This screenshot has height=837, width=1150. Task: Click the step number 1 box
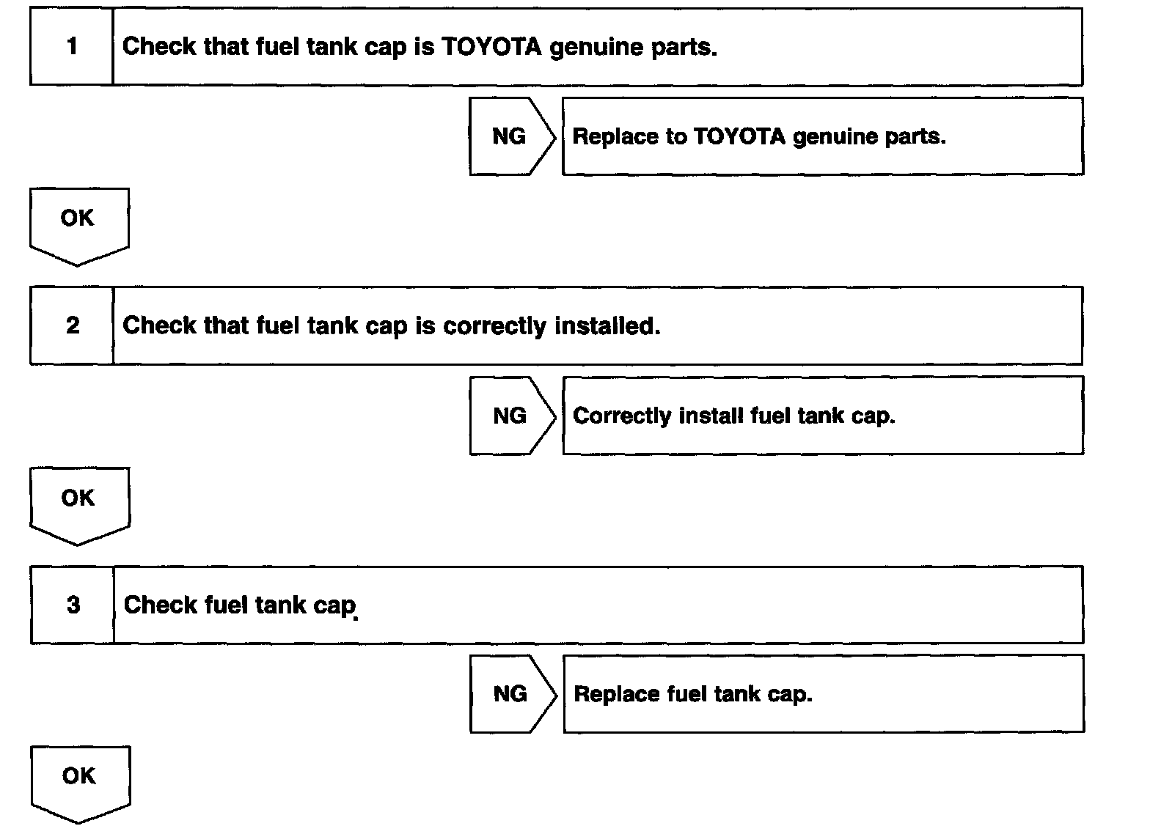coord(72,47)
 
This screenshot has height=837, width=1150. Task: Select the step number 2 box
coord(72,325)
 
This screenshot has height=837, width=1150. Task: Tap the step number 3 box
coord(73,605)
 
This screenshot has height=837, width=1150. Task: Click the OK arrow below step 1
coord(78,224)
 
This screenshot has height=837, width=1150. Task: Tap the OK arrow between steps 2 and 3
coord(79,504)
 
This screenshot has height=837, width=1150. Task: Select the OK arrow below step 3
coord(80,781)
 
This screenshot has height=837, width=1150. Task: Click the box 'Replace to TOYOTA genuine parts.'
coord(822,136)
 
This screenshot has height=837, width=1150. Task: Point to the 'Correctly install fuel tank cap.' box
coord(822,416)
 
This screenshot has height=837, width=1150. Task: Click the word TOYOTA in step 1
coord(491,47)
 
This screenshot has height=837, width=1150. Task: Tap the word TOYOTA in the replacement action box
coord(739,136)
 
